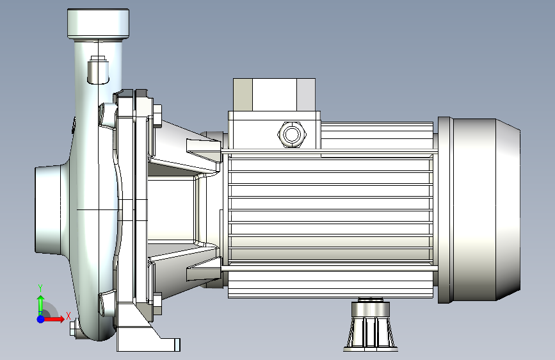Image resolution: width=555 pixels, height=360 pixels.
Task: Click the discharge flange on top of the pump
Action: pos(98,23)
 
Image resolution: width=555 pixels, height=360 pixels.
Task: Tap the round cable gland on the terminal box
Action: pos(292,135)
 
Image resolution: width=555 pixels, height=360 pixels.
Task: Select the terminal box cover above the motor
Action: pos(274,95)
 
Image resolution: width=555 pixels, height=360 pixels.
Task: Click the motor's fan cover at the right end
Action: pos(479,209)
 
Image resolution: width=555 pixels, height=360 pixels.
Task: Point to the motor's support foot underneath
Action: pos(370,325)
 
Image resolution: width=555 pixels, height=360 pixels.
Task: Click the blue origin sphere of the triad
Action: pos(41,319)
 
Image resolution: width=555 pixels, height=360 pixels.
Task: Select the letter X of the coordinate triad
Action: pos(68,316)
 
